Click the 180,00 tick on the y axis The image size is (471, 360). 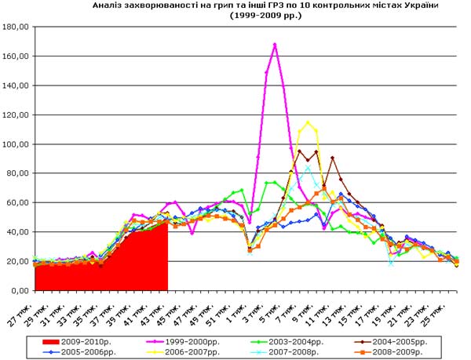click(x=16, y=27)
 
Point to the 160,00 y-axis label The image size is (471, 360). click(x=16, y=56)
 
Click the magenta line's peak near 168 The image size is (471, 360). click(x=275, y=45)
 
